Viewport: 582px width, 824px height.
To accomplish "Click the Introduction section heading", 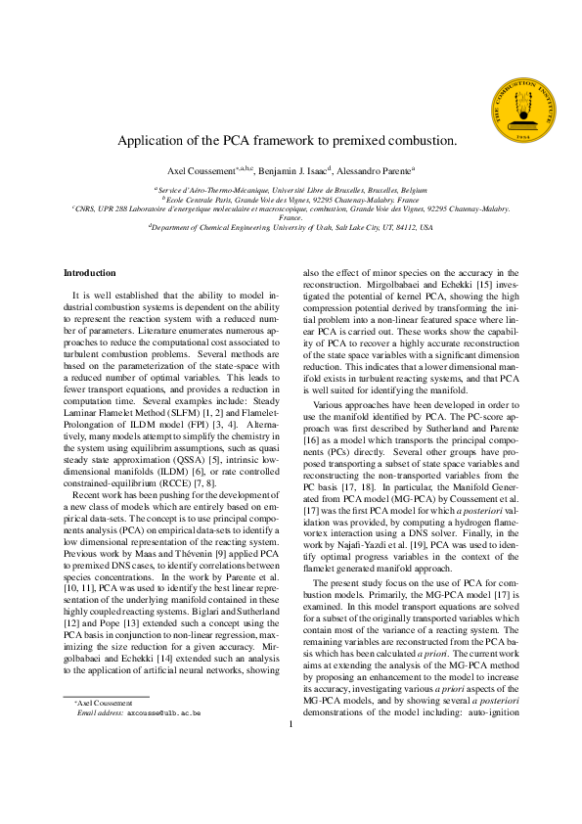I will pyautogui.click(x=89, y=272).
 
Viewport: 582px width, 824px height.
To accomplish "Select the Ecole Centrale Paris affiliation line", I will pyautogui.click(x=291, y=198).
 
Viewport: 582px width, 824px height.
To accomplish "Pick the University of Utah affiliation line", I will pyautogui.click(x=291, y=227).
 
